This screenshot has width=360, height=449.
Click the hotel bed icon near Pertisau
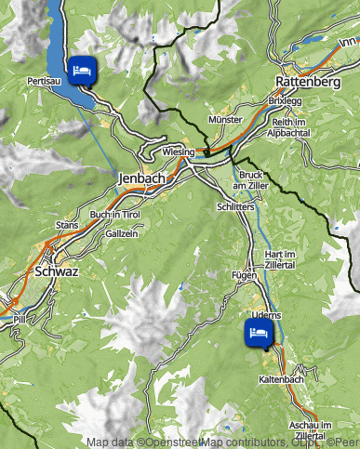[x=81, y=70]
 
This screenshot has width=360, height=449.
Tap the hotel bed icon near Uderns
[x=258, y=332]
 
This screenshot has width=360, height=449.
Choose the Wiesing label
[x=178, y=151]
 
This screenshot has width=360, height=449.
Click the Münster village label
[x=226, y=120]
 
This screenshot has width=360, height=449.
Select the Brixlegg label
[x=284, y=99]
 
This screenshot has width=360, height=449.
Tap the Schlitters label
[x=235, y=207]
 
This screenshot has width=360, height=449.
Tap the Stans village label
[x=67, y=225]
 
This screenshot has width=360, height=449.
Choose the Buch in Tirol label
[x=114, y=214]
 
